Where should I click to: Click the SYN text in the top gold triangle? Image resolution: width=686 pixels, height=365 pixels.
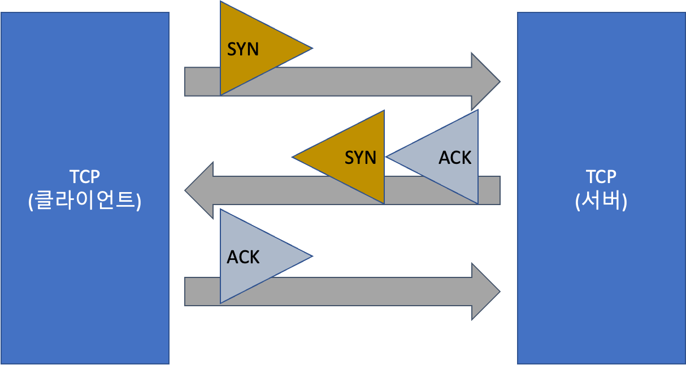[243, 49]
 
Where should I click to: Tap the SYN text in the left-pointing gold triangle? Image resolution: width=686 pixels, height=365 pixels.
[361, 157]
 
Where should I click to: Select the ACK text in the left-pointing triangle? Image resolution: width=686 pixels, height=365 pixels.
[455, 157]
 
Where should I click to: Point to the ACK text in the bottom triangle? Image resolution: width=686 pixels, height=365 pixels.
[243, 257]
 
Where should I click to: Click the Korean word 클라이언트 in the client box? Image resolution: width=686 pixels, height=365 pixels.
[85, 202]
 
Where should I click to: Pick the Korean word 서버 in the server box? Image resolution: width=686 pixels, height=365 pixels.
[601, 202]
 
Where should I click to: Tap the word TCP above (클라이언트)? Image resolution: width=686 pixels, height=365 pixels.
[85, 177]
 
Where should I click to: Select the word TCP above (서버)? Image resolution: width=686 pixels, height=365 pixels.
[601, 177]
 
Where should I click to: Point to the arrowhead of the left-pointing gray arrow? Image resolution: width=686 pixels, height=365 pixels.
[198, 190]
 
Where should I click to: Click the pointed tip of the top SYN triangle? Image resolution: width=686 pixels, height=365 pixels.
[310, 49]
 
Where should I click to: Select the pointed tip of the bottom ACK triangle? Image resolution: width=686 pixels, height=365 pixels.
[310, 256]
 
